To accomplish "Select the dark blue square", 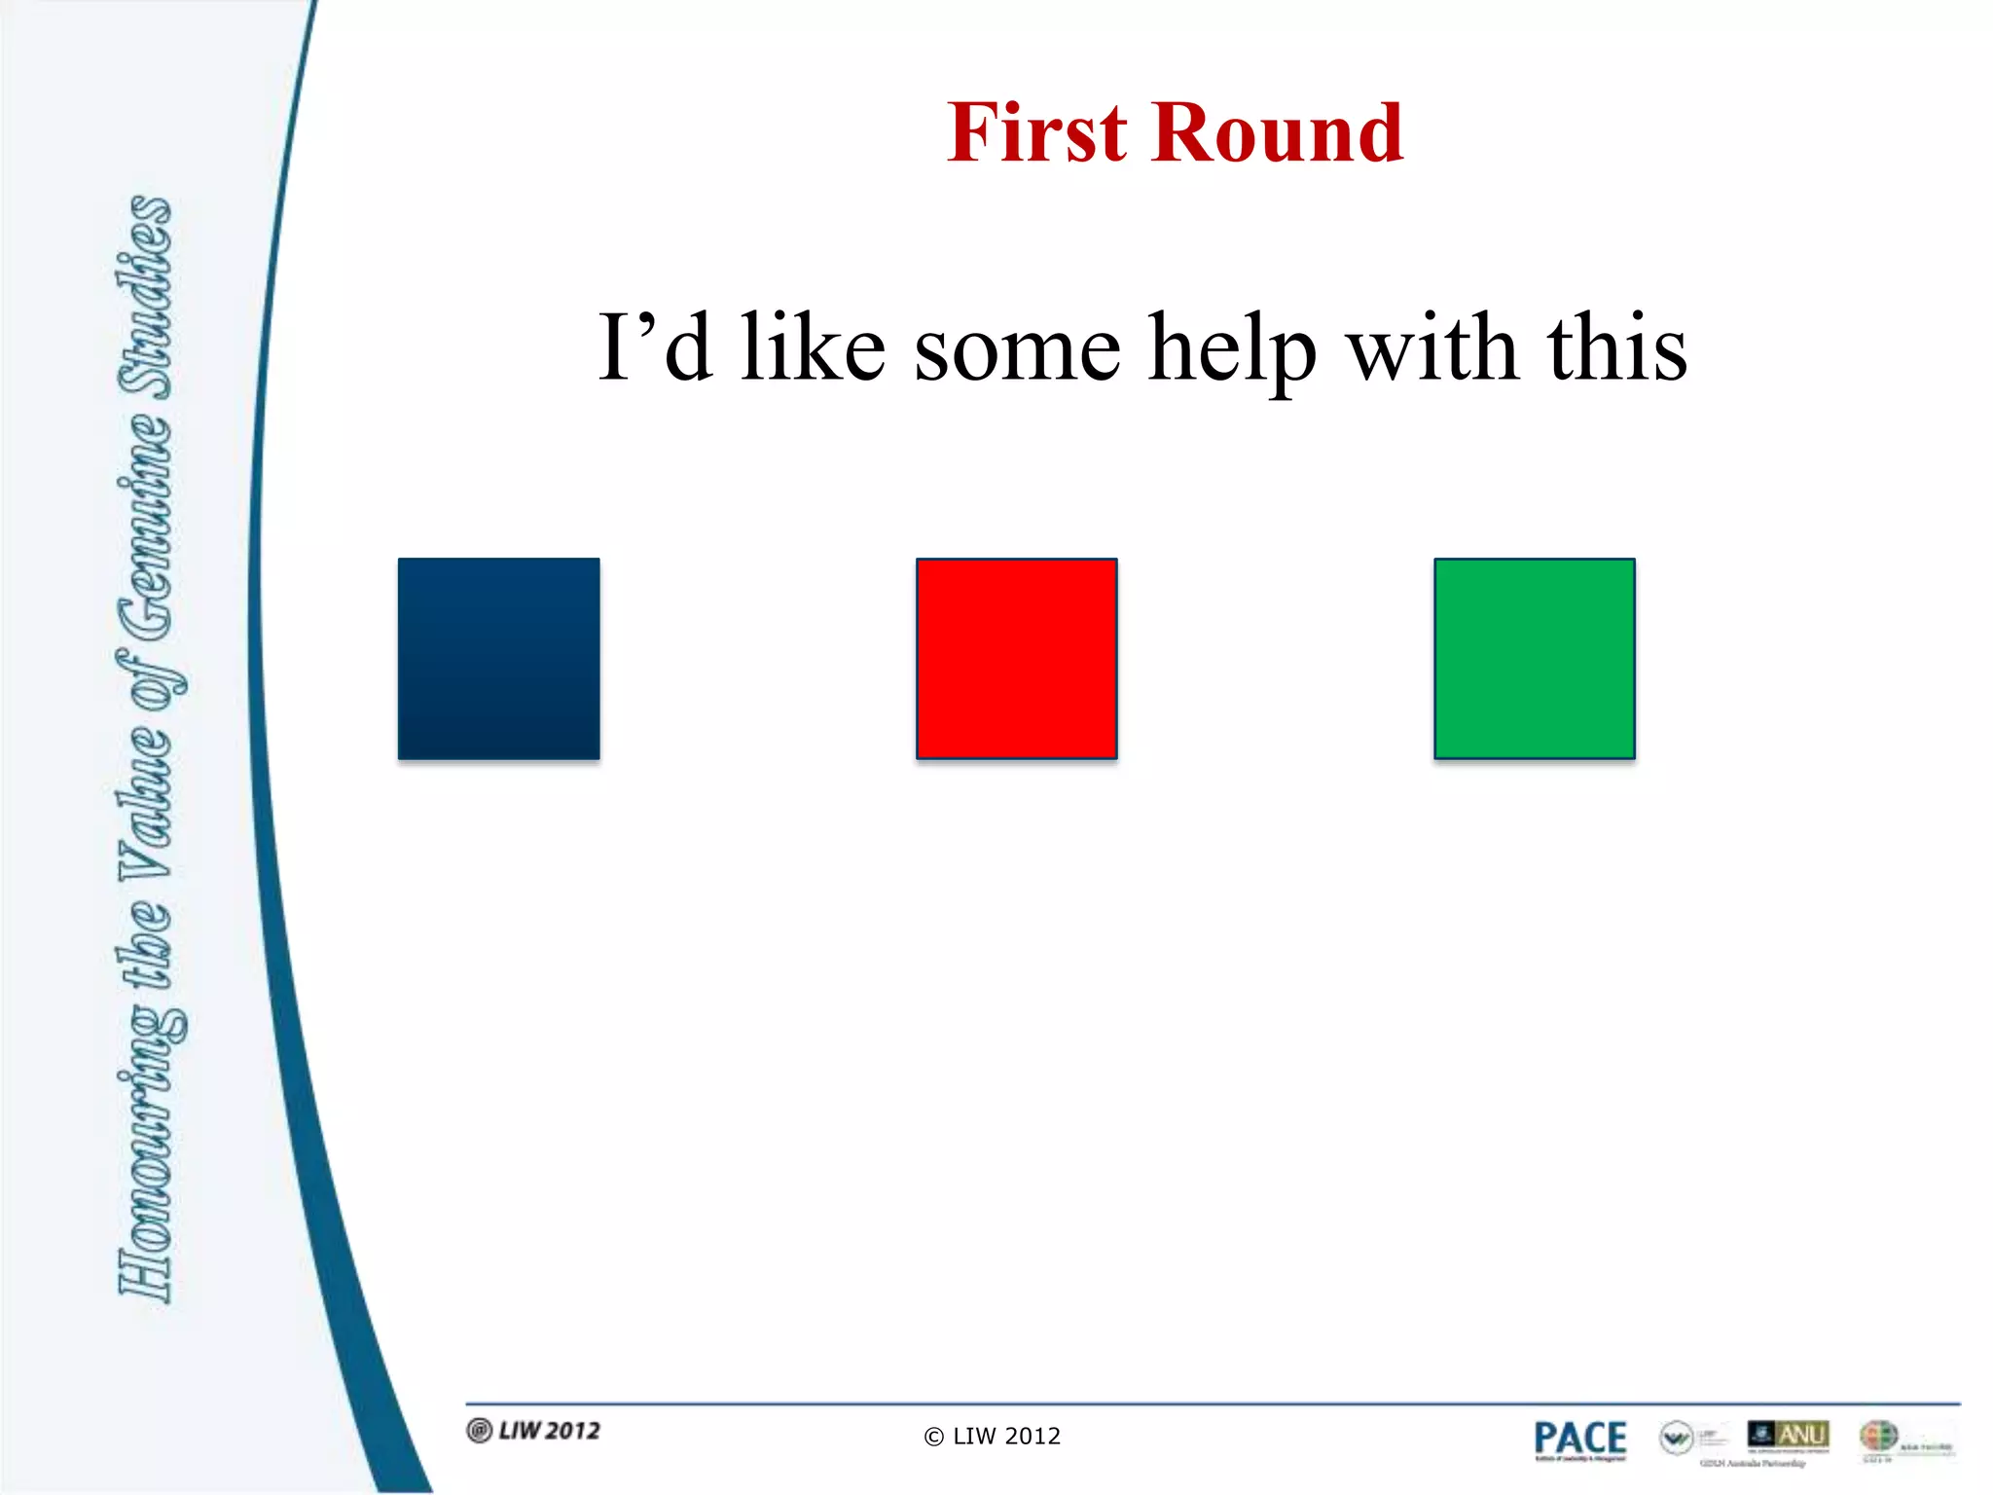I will coord(499,659).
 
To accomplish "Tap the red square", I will coord(1017,659).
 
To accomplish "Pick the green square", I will coord(1535,659).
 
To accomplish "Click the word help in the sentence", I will coord(1233,348).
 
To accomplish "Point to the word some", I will coord(1017,348).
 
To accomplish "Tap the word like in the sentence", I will coord(813,348).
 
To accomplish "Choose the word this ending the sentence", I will coord(1616,348).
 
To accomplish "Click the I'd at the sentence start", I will coord(655,348).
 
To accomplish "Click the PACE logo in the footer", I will coord(1579,1440).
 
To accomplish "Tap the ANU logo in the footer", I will coord(1789,1435).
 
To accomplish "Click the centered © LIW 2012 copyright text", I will coord(993,1437).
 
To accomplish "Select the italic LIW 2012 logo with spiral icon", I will coord(534,1431).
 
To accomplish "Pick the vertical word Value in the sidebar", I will coord(146,798).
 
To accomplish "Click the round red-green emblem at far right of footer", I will coord(1878,1436).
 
